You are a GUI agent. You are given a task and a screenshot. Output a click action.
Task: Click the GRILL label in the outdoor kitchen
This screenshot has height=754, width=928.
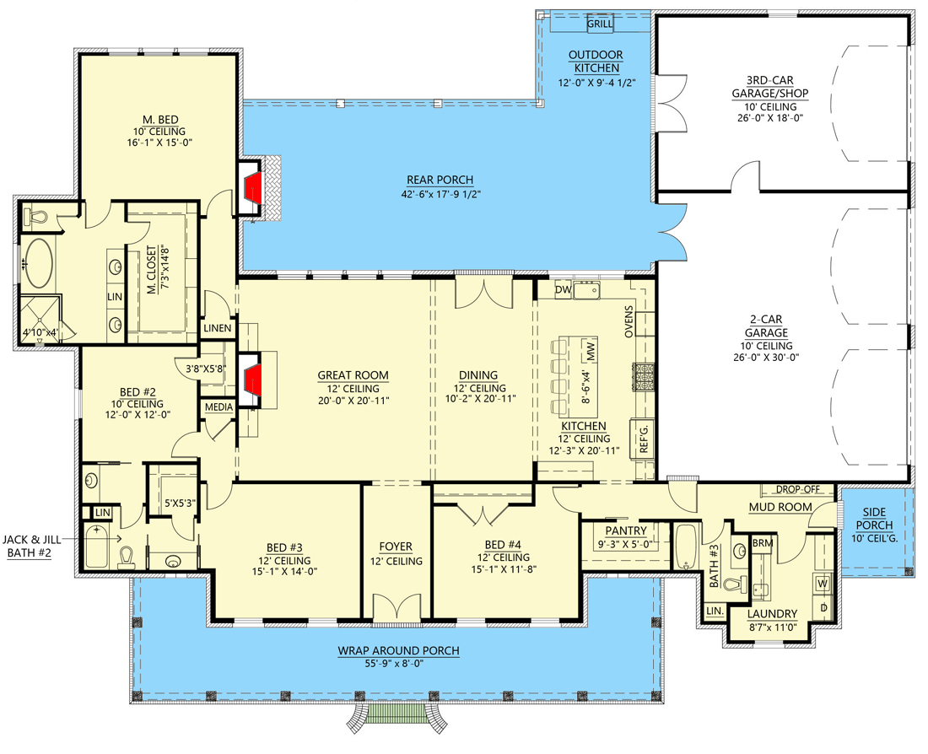(x=599, y=24)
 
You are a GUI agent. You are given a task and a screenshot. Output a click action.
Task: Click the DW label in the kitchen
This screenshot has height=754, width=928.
(x=563, y=290)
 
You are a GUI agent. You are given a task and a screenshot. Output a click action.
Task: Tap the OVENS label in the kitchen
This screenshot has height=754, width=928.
(x=629, y=321)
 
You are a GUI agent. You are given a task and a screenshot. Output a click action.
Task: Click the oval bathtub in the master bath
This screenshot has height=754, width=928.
(x=37, y=263)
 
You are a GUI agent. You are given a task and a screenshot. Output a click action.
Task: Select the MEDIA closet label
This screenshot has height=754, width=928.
(x=217, y=407)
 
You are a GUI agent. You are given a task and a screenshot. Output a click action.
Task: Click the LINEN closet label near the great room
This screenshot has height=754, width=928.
(x=217, y=327)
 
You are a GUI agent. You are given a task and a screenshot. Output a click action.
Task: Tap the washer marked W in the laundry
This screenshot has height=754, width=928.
(x=822, y=583)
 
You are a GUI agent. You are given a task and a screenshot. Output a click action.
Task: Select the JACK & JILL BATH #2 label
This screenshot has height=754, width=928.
(x=35, y=546)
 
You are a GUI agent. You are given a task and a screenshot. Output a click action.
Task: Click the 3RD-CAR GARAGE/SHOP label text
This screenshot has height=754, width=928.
(x=764, y=89)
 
